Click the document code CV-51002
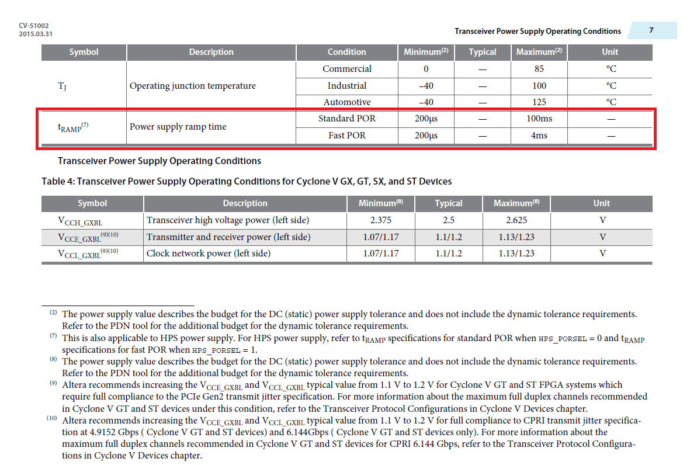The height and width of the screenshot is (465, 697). [x=34, y=26]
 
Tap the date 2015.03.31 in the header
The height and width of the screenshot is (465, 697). [x=36, y=34]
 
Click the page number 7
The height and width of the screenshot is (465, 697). [x=651, y=30]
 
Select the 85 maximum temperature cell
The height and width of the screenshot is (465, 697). [x=539, y=69]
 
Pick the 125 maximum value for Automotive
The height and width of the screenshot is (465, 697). [x=539, y=102]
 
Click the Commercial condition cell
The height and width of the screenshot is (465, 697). [x=346, y=69]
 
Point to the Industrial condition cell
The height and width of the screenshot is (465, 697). [x=346, y=86]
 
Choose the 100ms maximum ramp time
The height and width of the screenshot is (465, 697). [x=539, y=119]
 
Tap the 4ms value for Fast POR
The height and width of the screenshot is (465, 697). [x=539, y=136]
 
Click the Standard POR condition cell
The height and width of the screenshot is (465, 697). [x=346, y=119]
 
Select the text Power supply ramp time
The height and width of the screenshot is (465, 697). [x=178, y=127]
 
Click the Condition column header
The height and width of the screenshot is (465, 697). [x=346, y=52]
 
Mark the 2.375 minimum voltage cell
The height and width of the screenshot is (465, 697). [x=380, y=220]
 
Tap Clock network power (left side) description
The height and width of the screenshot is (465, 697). [x=208, y=254]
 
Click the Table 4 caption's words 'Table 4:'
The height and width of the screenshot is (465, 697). [x=57, y=181]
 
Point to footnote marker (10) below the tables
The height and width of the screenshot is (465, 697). [x=53, y=419]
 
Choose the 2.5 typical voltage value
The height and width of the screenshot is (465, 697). [x=448, y=220]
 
